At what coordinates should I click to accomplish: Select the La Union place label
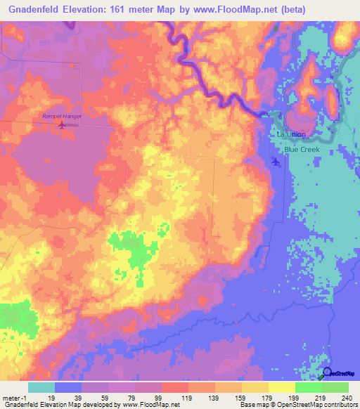click(290, 134)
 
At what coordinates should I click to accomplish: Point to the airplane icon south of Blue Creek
click(275, 162)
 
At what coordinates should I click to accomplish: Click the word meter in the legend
click(11, 397)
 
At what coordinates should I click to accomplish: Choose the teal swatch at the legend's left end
click(41, 387)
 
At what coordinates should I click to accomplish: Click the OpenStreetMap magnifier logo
click(328, 373)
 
